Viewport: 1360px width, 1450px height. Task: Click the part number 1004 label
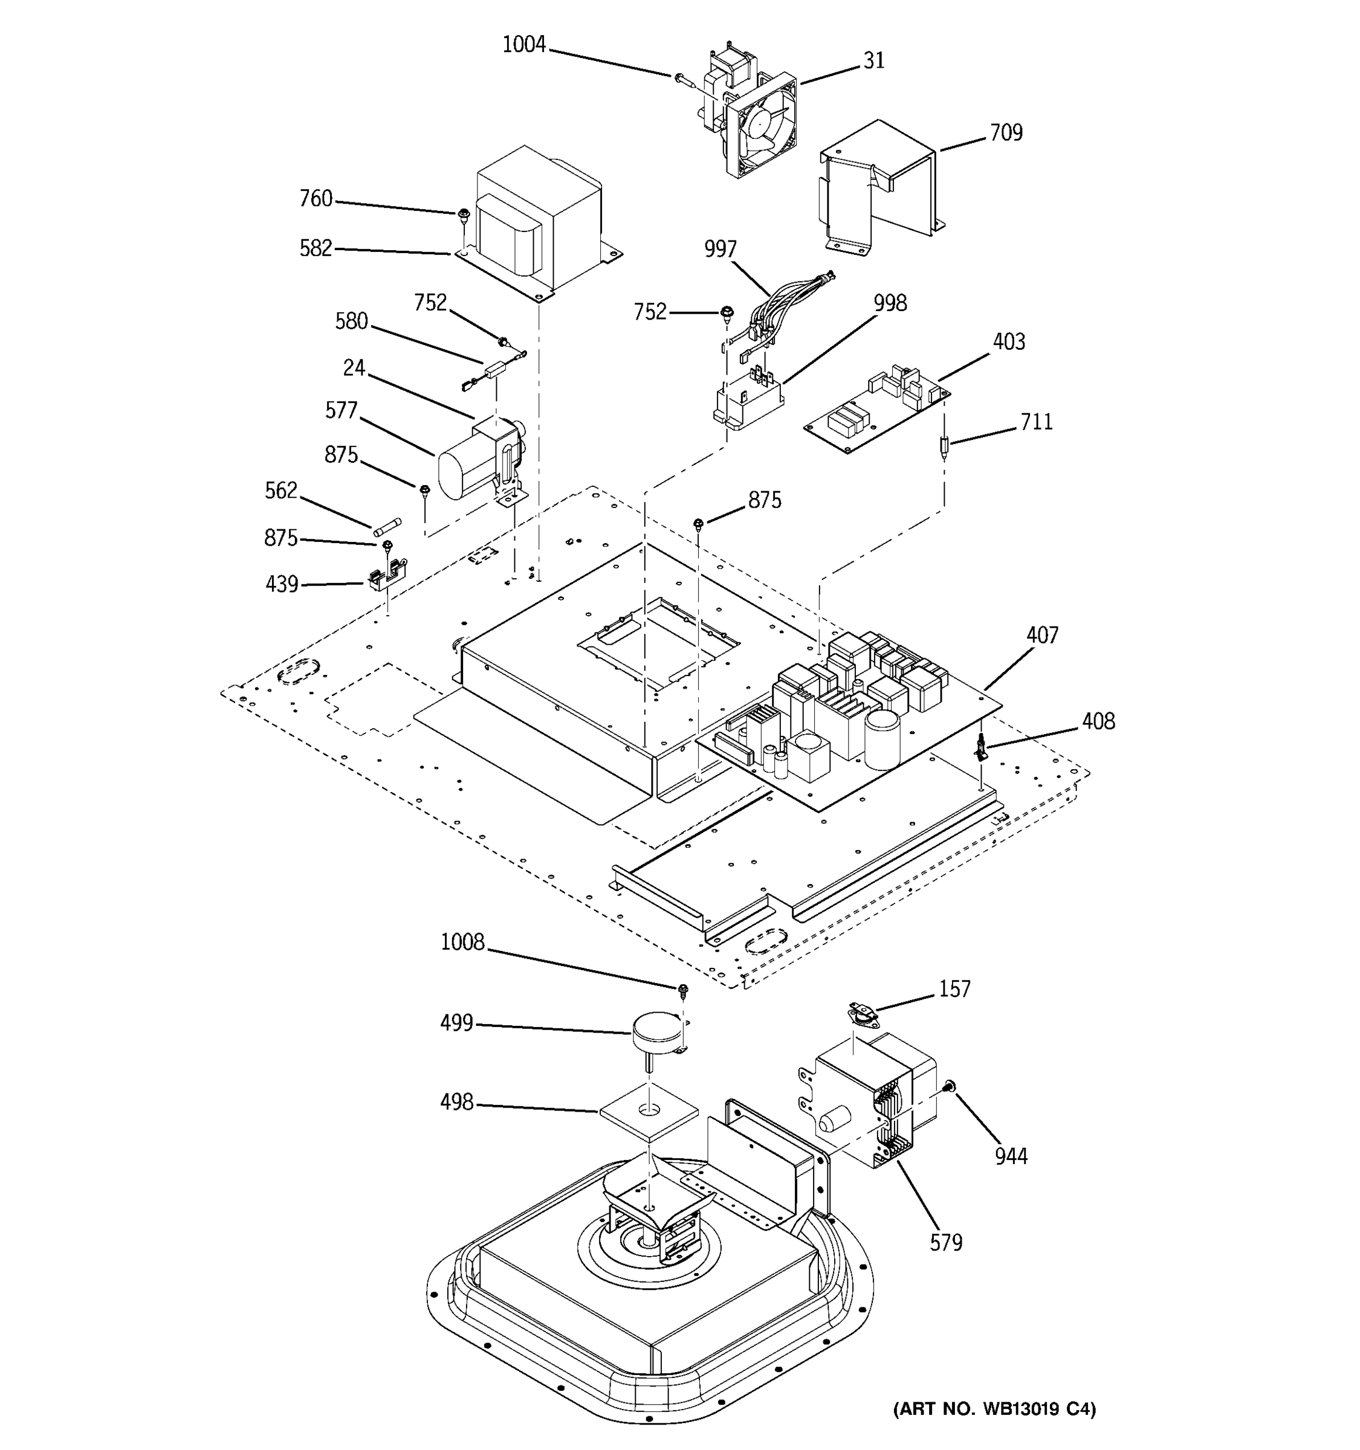click(x=524, y=45)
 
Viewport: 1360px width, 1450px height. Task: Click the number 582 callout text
click(x=315, y=249)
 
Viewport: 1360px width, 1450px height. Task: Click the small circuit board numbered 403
click(x=875, y=412)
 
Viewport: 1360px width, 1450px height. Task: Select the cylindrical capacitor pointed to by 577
click(x=459, y=471)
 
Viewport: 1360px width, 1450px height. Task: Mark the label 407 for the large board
click(x=1042, y=636)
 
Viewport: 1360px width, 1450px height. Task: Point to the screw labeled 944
click(x=948, y=1087)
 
